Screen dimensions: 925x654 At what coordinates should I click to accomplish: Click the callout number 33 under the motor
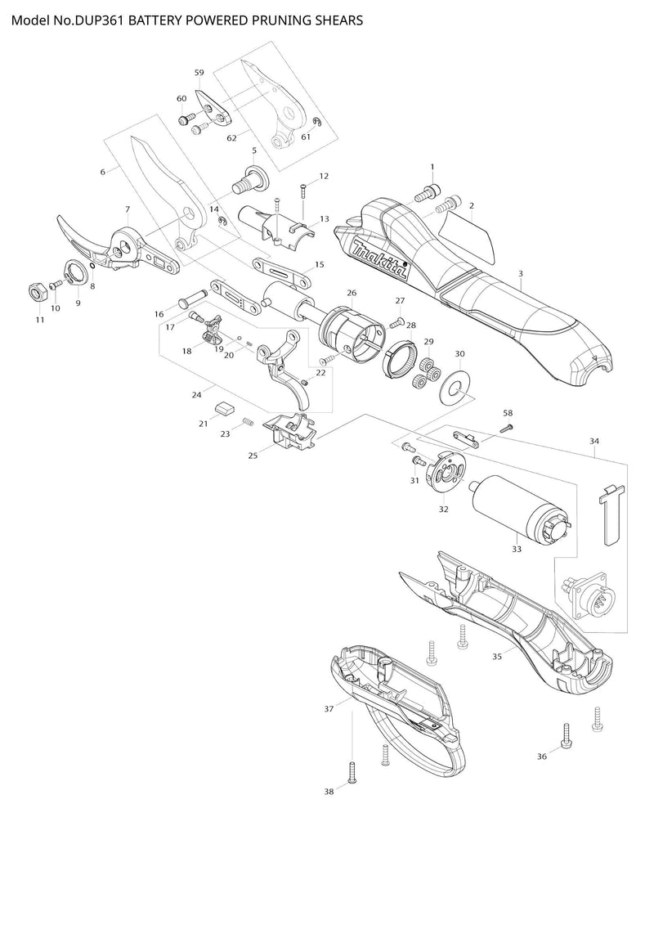pyautogui.click(x=517, y=550)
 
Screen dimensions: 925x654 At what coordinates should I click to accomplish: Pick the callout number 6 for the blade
pyautogui.click(x=103, y=172)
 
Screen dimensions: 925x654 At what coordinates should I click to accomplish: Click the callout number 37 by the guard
pyautogui.click(x=329, y=708)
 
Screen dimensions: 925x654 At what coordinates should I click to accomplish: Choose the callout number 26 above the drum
pyautogui.click(x=352, y=292)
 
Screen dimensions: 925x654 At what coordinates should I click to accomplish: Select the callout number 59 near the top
pyautogui.click(x=199, y=73)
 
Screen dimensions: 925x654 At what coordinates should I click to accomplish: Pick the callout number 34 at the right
pyautogui.click(x=594, y=442)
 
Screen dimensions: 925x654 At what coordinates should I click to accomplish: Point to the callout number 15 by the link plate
pyautogui.click(x=319, y=264)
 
